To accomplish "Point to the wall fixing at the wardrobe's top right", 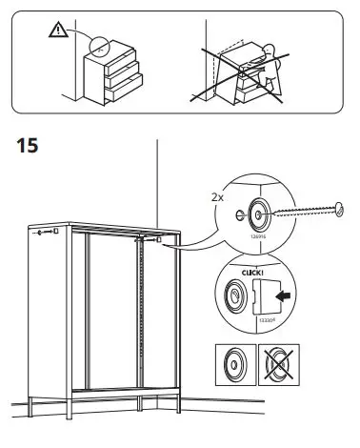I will [149, 240].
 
